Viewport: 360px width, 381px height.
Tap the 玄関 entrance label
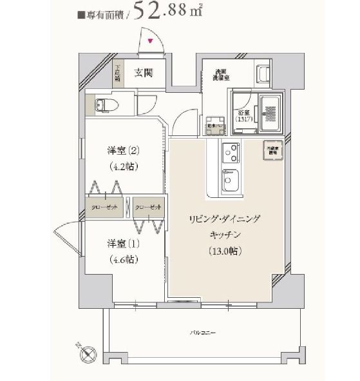pyautogui.click(x=143, y=72)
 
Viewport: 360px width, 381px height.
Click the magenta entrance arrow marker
pyautogui.click(x=151, y=41)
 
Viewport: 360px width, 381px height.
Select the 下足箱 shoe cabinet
pyautogui.click(x=118, y=72)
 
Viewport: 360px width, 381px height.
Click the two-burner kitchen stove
pyautogui.click(x=229, y=153)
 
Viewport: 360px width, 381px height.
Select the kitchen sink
pyautogui.click(x=229, y=183)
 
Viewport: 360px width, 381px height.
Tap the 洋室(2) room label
pyautogui.click(x=123, y=152)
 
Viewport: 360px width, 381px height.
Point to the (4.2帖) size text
pyautogui.click(x=123, y=166)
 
